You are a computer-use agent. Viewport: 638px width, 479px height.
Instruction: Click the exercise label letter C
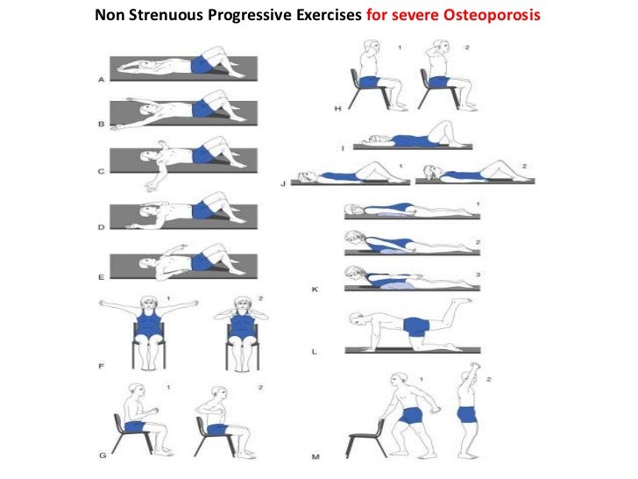pos(101,171)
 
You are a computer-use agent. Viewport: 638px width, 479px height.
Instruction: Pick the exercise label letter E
pos(101,276)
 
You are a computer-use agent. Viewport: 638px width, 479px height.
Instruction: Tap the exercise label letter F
pos(101,361)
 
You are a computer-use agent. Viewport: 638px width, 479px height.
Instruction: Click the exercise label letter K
pos(315,288)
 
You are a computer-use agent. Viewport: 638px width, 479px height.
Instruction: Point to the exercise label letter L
pos(315,351)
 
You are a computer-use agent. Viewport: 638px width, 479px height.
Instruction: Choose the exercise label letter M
pos(315,456)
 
